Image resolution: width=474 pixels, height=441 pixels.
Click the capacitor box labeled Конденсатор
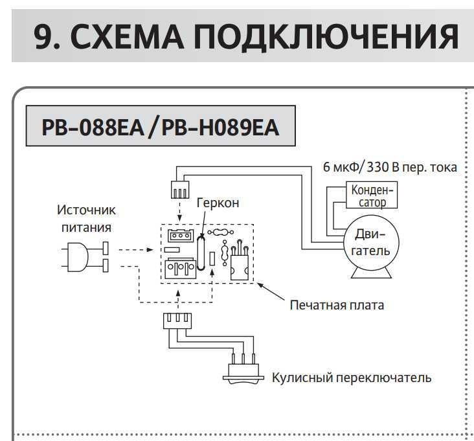click(x=371, y=195)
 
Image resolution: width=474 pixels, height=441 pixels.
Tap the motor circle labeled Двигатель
click(x=371, y=242)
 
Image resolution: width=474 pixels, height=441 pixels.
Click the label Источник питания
click(x=85, y=219)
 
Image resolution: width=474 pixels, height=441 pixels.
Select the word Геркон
click(x=218, y=203)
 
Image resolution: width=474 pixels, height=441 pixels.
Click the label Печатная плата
click(x=337, y=304)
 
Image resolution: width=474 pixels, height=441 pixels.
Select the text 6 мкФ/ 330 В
click(x=363, y=166)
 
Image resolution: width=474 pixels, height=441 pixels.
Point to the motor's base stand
click(x=371, y=271)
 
